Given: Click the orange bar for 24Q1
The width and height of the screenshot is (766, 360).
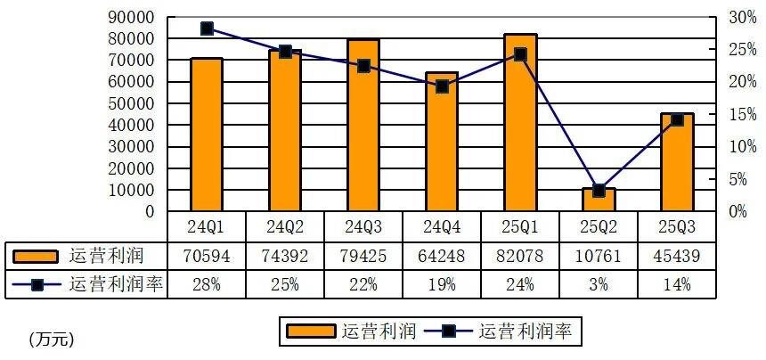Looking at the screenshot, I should (207, 135).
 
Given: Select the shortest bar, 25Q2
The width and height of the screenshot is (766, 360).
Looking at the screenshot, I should (599, 200).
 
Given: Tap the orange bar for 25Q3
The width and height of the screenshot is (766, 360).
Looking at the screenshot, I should (677, 162).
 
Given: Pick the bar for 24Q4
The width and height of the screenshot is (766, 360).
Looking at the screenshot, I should (442, 142).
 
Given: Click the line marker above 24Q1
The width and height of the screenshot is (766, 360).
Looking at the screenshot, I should (207, 29).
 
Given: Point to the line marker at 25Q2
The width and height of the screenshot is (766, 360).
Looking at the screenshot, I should (599, 190).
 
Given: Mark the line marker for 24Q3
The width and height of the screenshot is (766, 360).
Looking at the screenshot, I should (363, 66).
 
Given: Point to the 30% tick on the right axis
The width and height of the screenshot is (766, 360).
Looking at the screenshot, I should (742, 17).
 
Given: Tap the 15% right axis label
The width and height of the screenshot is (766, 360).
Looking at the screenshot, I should (742, 114).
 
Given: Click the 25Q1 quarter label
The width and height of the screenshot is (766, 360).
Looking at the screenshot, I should (520, 226).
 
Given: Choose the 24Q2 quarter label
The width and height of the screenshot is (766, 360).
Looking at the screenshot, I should (285, 226).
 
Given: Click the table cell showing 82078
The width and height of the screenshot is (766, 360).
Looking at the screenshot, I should (520, 257).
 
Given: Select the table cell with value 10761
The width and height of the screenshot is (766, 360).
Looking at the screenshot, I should (599, 257).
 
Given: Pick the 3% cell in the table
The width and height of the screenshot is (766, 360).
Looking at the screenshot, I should (599, 285).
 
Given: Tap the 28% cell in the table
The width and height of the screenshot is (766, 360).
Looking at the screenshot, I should (207, 285).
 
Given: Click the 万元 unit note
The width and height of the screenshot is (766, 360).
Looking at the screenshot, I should (51, 339).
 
